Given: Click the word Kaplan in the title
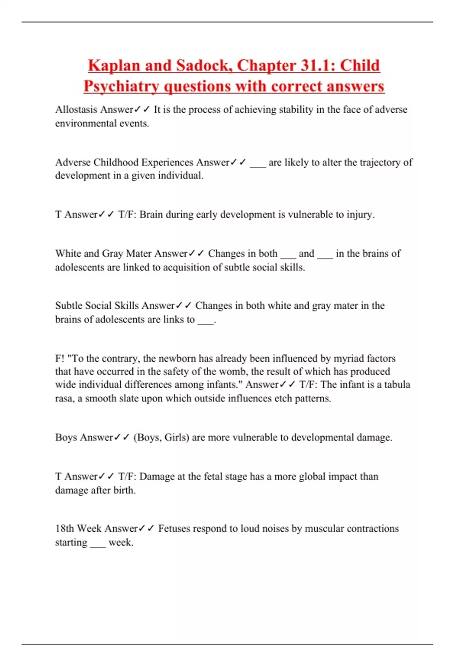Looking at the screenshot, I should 114,66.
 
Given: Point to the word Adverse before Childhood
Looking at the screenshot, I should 73,162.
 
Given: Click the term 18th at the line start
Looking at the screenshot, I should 65,529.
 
